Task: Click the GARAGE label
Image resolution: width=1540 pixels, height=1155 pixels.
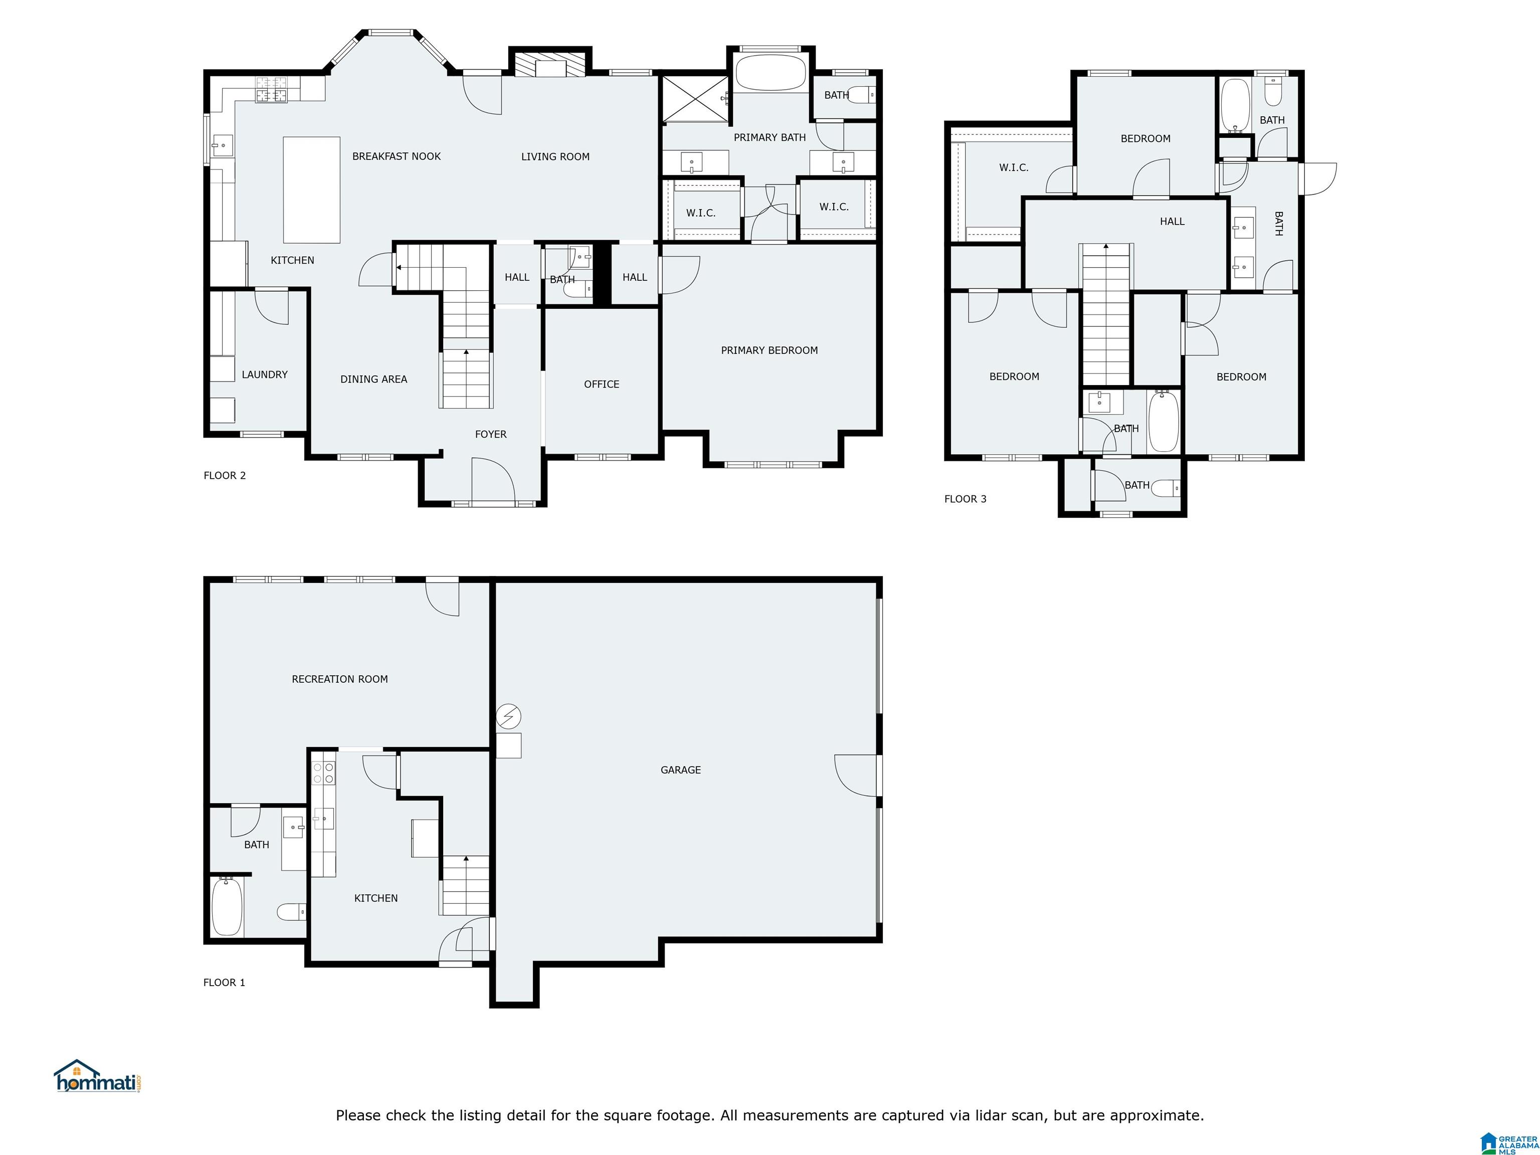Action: click(680, 770)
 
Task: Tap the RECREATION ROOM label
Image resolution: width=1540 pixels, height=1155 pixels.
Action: click(340, 679)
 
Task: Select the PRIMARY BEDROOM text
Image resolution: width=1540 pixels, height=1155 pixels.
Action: click(769, 350)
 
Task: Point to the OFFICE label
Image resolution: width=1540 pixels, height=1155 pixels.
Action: click(602, 384)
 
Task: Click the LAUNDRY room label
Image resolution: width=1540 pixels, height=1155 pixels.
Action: click(265, 374)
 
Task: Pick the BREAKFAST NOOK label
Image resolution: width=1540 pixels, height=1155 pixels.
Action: click(396, 156)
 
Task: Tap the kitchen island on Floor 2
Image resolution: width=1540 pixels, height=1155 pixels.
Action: click(311, 189)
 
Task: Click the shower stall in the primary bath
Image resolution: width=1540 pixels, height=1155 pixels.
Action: click(694, 98)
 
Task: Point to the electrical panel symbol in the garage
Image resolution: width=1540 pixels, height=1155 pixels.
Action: click(508, 716)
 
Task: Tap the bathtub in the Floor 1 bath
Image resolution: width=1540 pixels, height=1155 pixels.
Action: click(227, 906)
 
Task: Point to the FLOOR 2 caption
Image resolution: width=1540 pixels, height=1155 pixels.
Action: click(224, 476)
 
